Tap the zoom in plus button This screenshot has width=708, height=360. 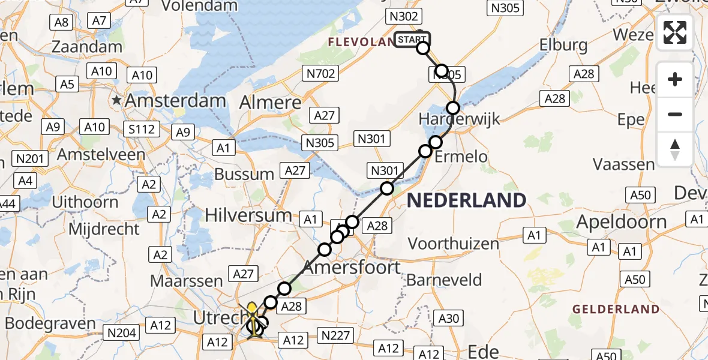pyautogui.click(x=675, y=80)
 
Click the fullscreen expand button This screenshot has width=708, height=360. pyautogui.click(x=675, y=32)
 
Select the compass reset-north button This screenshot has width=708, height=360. pyautogui.click(x=675, y=149)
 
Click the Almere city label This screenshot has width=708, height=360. pyautogui.click(x=270, y=103)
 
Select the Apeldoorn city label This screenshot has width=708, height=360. pyautogui.click(x=622, y=222)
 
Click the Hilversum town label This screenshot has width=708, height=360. pyautogui.click(x=248, y=215)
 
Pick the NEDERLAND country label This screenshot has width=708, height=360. pyautogui.click(x=467, y=200)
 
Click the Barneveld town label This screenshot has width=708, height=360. pyautogui.click(x=444, y=280)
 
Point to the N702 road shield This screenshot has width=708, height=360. pyautogui.click(x=320, y=74)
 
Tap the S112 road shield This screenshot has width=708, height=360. pyautogui.click(x=142, y=129)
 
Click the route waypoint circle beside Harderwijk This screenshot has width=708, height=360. pyautogui.click(x=453, y=108)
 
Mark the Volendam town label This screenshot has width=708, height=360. pyautogui.click(x=199, y=7)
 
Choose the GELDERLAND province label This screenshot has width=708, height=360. pyautogui.click(x=616, y=310)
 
